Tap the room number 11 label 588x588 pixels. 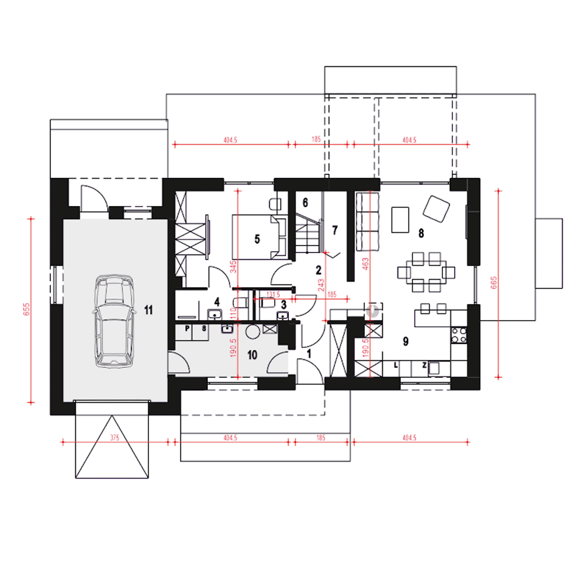pos(148,311)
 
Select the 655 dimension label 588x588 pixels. pos(27,309)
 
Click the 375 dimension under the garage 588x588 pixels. pos(114,438)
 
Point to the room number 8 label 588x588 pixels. pos(421,233)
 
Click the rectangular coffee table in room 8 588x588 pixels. pos(400,220)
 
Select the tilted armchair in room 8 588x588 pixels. pos(436,209)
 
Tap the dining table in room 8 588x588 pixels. pos(426,272)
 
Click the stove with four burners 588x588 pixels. pos(458,335)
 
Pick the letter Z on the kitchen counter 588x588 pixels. pos(424,365)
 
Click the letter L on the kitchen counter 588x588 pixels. pos(396,365)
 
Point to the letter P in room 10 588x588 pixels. pos(187,328)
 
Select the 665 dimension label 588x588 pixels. pos(494,283)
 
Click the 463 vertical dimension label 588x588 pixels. pos(366,264)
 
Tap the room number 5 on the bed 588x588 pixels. pos(257,239)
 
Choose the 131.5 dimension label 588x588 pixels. pos(273,294)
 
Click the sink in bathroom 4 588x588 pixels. pos(215,314)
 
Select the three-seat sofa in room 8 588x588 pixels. pos(367,221)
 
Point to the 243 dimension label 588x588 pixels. pos(321,285)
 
